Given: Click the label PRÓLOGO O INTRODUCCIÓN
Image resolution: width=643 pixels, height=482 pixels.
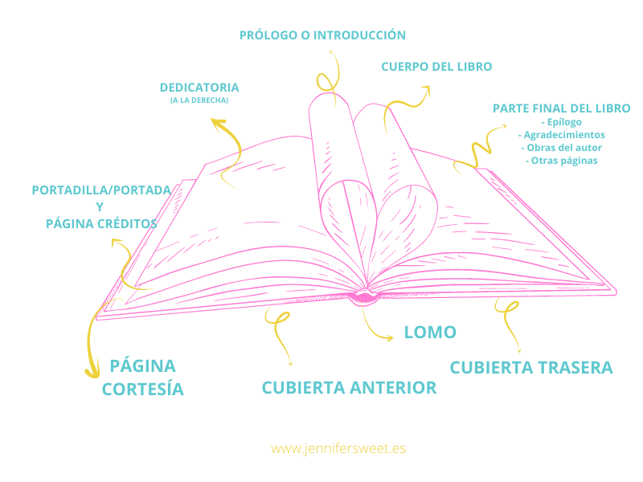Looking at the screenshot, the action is (x=322, y=35).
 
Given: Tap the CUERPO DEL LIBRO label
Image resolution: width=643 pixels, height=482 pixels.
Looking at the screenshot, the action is (x=436, y=67).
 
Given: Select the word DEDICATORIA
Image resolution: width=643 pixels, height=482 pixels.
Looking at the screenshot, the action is (x=199, y=88).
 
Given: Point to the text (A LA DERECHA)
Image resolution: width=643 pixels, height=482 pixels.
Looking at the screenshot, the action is (x=199, y=100).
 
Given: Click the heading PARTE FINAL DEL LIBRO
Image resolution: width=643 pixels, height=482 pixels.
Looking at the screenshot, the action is (x=561, y=108).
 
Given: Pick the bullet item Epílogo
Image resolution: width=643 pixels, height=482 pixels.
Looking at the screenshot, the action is (x=561, y=122).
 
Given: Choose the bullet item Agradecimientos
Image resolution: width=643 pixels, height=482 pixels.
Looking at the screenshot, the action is (x=561, y=135).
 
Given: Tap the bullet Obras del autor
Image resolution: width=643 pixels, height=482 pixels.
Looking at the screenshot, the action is (x=561, y=148).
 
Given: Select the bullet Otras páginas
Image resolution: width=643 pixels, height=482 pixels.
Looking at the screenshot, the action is (x=561, y=160).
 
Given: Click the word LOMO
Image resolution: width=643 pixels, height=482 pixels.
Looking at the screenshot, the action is (x=430, y=333).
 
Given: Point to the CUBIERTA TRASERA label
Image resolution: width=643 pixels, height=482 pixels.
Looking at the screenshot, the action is (x=531, y=368).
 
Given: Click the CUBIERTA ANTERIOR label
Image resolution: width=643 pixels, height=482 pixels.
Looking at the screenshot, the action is (x=349, y=388).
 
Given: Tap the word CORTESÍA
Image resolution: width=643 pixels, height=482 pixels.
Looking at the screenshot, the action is (x=143, y=390).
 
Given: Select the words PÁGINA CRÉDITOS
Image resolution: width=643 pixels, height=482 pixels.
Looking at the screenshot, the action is (x=101, y=224).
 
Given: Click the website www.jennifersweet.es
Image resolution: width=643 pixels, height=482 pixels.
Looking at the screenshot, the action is (x=338, y=448).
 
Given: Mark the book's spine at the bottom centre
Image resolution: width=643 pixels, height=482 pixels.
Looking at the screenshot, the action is (x=363, y=297).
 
